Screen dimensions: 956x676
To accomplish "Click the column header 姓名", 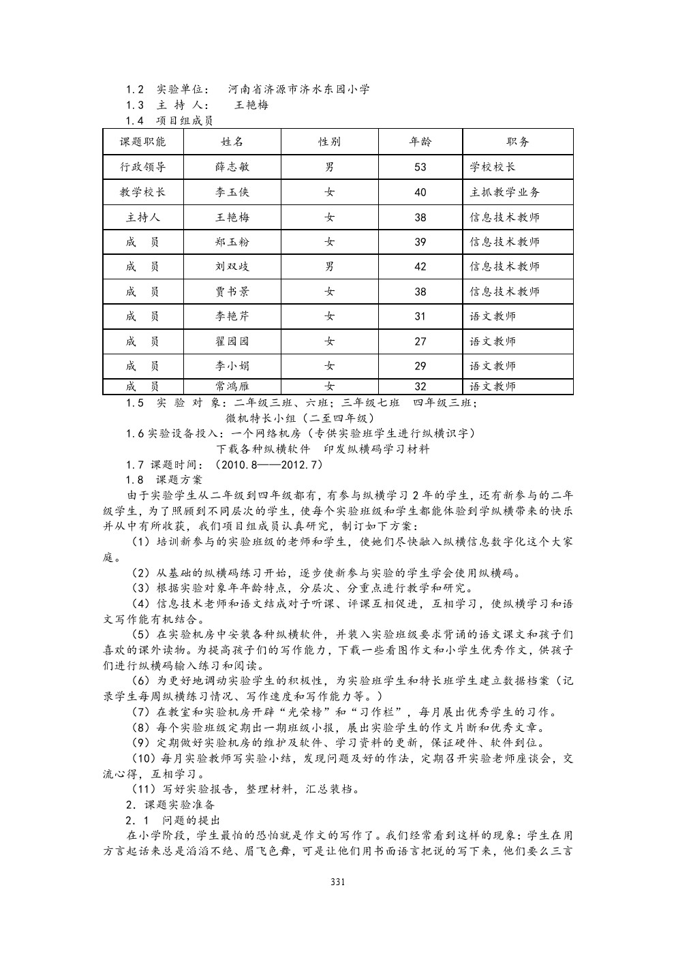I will [232, 142].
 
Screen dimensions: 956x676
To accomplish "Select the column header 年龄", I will [420, 142].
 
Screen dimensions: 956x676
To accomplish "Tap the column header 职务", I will [518, 142].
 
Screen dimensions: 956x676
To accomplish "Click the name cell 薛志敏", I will [232, 167].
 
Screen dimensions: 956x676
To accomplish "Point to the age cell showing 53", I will [420, 167].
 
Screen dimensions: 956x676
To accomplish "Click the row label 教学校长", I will [143, 192].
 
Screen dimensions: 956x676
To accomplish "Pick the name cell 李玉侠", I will [232, 192].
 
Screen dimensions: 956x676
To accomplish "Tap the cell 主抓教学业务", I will [505, 192].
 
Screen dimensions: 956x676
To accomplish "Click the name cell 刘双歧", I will [232, 266].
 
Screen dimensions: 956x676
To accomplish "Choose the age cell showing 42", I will [420, 266].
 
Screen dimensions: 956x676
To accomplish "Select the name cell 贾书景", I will [232, 292].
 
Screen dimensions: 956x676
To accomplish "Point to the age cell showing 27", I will [420, 341].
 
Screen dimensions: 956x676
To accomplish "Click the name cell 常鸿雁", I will [232, 386].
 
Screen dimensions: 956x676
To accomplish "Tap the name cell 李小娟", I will [232, 366].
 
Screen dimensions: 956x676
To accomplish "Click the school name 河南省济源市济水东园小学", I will [299, 89].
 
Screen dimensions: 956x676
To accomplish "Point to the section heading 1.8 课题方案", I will [164, 480].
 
